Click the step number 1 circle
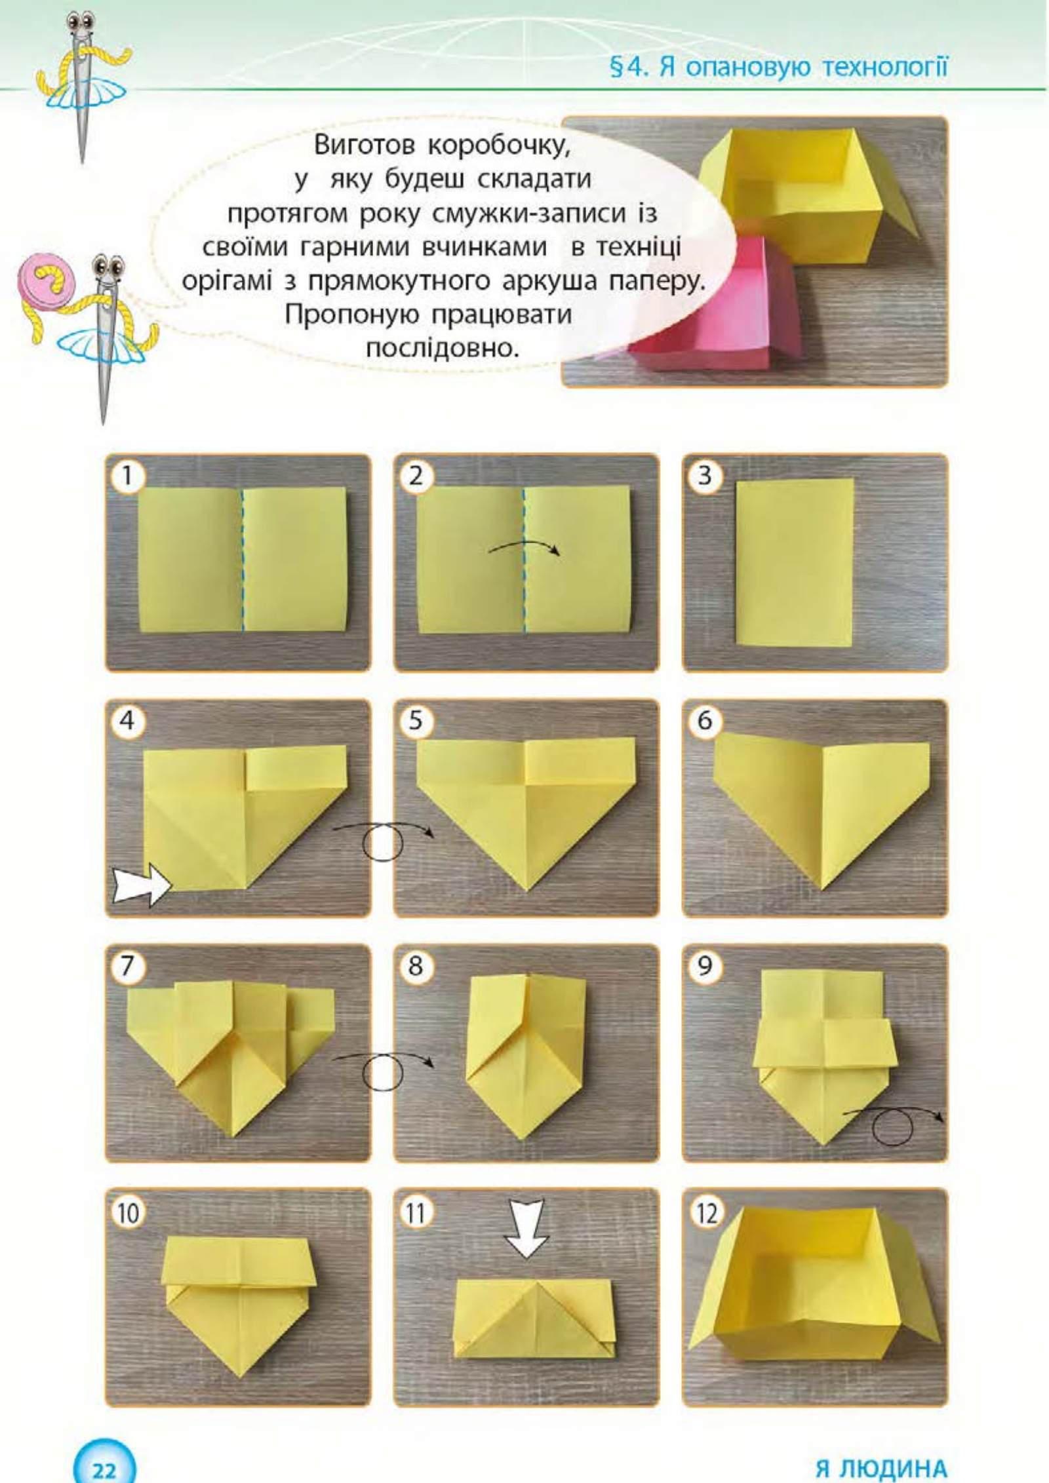(x=127, y=475)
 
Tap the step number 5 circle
(x=415, y=720)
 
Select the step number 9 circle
(x=703, y=965)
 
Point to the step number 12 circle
(x=705, y=1212)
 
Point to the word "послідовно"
(x=443, y=348)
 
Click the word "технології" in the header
(x=884, y=67)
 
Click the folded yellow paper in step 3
(x=795, y=562)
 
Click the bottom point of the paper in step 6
(x=821, y=889)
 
